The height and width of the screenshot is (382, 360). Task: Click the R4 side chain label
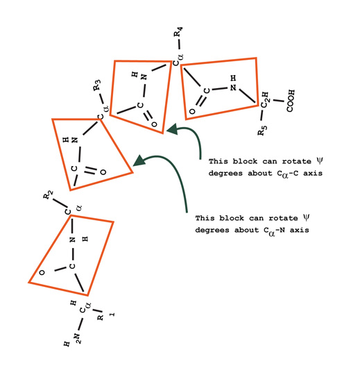point(178,32)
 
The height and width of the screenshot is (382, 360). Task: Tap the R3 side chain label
point(97,85)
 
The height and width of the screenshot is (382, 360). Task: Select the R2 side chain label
point(48,195)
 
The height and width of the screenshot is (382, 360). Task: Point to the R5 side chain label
point(262,130)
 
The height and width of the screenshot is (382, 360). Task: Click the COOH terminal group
point(291,101)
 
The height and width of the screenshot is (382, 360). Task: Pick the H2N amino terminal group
point(73,339)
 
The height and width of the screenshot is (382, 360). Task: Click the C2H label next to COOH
point(265,99)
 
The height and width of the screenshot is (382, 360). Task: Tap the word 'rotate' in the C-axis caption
point(296,162)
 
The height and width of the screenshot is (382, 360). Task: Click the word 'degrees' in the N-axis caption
point(212,230)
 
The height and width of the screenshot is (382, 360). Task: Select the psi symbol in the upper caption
point(319,160)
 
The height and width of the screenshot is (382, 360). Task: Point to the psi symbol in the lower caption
point(306,217)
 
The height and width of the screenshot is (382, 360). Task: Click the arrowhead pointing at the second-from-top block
point(173,129)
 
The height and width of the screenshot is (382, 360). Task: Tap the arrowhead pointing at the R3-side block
point(139,161)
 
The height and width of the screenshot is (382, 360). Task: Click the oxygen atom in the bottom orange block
point(42,272)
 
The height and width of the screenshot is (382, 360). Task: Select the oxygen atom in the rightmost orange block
point(192,111)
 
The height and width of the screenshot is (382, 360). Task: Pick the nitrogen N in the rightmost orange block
point(233,88)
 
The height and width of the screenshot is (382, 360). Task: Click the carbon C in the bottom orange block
point(72,266)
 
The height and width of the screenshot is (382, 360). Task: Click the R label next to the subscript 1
point(100,317)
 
